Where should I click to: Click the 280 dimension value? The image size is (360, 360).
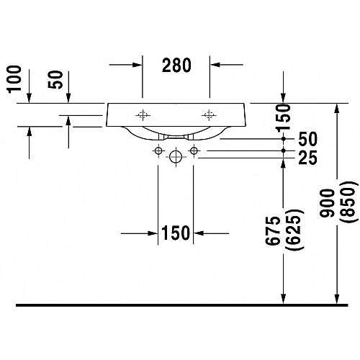176,66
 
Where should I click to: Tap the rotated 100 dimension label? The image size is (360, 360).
14,78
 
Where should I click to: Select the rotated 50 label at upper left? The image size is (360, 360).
55,79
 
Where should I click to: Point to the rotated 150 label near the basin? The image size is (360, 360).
283,118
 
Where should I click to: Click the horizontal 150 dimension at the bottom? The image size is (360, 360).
176,233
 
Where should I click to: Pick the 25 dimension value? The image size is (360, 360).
308,158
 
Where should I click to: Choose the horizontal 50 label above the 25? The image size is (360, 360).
308,139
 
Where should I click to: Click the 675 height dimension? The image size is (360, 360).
273,230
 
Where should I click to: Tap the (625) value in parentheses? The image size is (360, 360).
295,230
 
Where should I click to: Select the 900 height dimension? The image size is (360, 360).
327,203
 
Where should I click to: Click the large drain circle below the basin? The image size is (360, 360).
176,157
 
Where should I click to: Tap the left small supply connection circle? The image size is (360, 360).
158,151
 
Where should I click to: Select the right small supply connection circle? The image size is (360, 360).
194,151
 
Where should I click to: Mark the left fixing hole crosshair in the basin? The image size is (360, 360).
143,115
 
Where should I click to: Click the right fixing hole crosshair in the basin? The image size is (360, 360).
209,115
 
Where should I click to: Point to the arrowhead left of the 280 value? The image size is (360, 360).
138,65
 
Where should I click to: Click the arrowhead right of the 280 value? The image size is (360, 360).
215,65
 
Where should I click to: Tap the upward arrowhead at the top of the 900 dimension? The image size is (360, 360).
337,109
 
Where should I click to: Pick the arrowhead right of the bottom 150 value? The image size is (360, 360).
199,233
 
